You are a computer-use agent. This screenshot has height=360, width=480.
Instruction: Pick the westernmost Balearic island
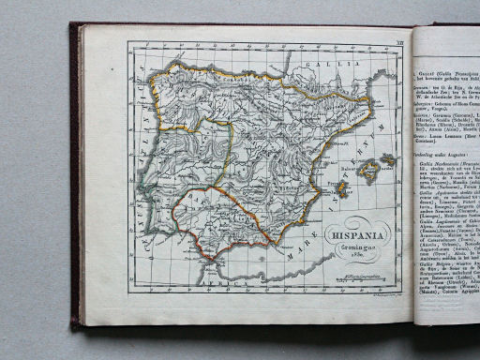pyautogui.click(x=341, y=191)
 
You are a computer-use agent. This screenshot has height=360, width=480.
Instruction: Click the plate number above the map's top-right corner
pyautogui.click(x=401, y=38)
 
